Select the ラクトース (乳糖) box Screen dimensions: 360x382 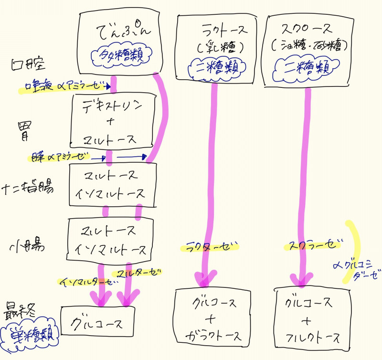pyautogui.click(x=217, y=46)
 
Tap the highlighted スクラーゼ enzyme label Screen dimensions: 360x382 pyautogui.click(x=313, y=246)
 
